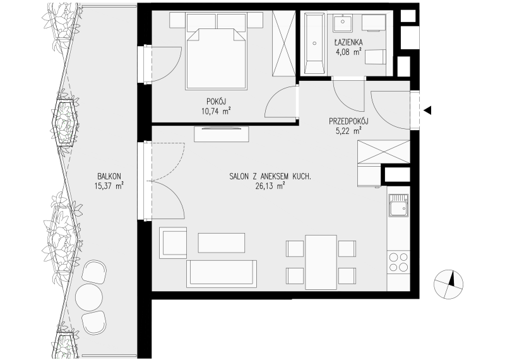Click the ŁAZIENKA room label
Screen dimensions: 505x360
tap(348, 42)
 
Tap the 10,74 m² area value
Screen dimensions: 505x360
tap(216, 112)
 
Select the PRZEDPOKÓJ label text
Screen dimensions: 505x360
tap(348, 121)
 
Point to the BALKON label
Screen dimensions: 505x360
tap(109, 176)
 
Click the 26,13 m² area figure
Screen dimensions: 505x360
tap(270, 186)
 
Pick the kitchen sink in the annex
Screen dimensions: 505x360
tap(398, 205)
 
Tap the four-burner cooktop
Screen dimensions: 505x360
tap(398, 261)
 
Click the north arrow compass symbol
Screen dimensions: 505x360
tap(448, 284)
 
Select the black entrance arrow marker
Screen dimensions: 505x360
tap(427, 111)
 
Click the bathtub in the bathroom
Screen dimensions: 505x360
tap(314, 43)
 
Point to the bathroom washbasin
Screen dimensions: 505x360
tap(343, 22)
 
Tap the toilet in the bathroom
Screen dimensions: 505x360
tap(375, 57)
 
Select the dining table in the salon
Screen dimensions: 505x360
tap(321, 262)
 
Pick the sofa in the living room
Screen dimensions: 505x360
tap(222, 274)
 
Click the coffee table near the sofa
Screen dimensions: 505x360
tap(222, 243)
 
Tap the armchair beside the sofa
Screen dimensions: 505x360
tap(173, 243)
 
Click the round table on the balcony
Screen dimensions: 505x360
tap(89, 297)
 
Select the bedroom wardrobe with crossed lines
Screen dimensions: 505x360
tap(283, 43)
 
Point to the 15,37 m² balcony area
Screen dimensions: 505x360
tap(109, 186)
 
